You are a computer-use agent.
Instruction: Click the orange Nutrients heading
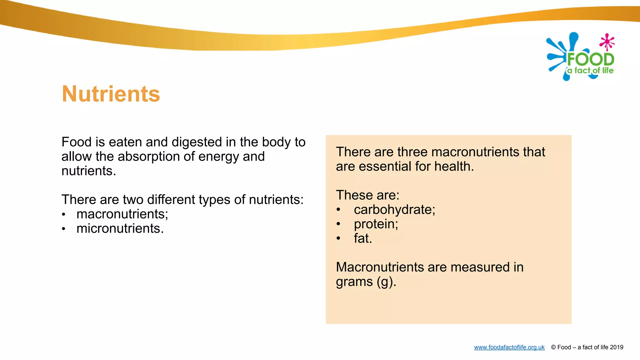tap(111, 94)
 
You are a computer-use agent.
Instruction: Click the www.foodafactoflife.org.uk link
tap(509, 347)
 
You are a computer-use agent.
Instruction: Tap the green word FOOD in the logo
tap(590, 59)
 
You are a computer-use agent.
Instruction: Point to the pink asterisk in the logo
tap(607, 42)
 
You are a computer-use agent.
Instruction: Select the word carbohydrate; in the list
tap(394, 210)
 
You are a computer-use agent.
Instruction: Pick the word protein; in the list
tap(376, 224)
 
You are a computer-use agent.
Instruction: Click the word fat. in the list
tap(363, 238)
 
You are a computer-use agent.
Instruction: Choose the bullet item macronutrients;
tap(122, 214)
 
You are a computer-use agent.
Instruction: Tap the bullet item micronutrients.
tap(120, 228)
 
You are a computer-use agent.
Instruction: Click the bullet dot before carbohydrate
tap(338, 210)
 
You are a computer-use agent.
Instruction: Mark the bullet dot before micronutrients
tap(63, 229)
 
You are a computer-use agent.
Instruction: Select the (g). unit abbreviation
tap(386, 282)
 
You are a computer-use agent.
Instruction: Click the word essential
tap(385, 167)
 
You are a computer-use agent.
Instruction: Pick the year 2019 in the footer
tap(616, 347)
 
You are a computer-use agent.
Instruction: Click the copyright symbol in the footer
tap(553, 347)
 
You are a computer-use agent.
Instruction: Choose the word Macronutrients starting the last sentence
tap(380, 267)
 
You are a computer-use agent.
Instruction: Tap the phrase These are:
tap(367, 195)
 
